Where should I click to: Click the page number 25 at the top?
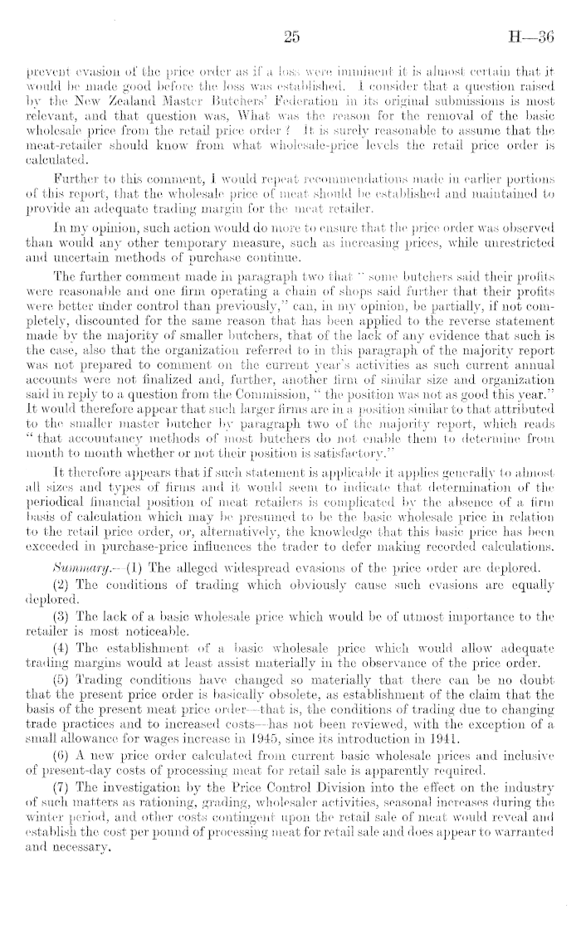tap(290, 36)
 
